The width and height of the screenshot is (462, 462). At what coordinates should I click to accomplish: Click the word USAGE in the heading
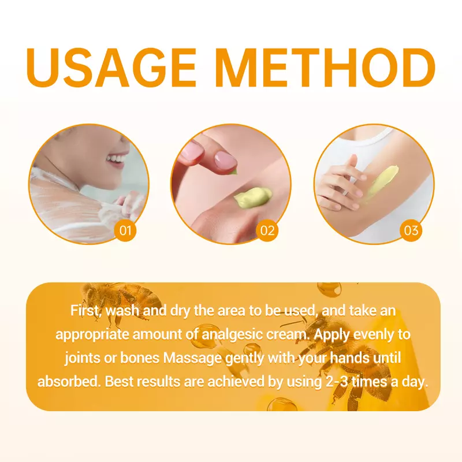tap(111, 68)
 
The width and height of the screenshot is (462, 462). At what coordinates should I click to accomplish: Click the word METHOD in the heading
tap(327, 68)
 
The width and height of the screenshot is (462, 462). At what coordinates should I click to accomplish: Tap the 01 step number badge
tap(125, 230)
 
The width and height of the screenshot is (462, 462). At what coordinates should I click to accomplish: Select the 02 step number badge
tap(267, 230)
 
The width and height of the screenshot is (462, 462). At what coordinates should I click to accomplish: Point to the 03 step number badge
tap(411, 230)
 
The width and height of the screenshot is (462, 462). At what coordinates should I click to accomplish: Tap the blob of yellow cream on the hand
tap(252, 198)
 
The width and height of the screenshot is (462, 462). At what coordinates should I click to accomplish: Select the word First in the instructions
tap(85, 311)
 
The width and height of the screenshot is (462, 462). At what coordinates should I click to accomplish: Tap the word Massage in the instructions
tap(192, 358)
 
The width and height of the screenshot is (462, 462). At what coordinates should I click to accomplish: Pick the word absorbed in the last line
tap(69, 382)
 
